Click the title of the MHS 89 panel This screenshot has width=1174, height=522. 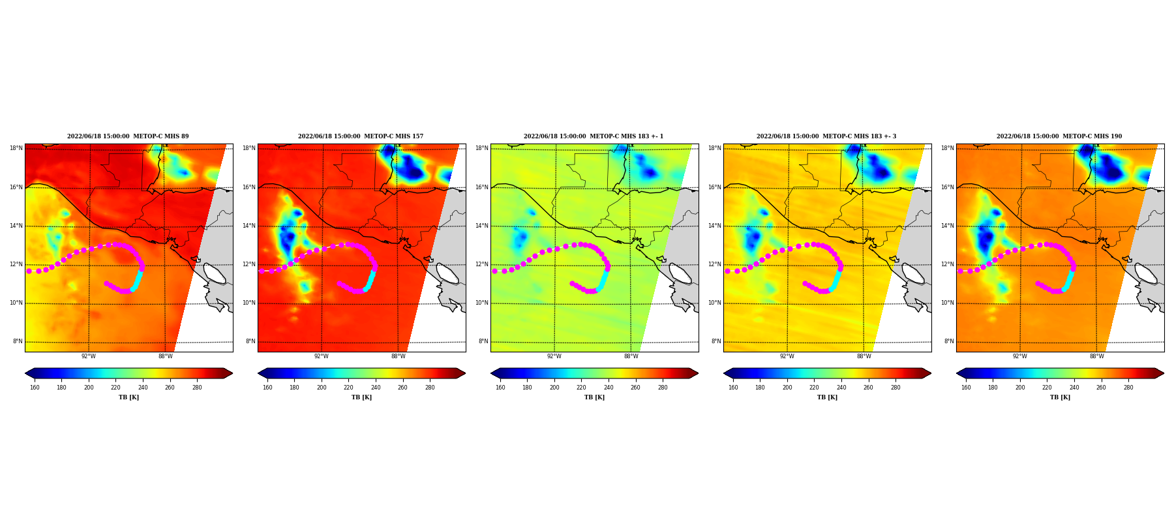click(x=128, y=136)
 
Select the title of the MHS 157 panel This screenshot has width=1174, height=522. click(x=361, y=136)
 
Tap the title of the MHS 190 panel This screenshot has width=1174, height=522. click(x=1059, y=136)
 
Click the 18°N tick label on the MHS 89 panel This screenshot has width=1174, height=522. click(x=16, y=148)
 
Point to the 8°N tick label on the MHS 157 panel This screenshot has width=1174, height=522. click(x=251, y=341)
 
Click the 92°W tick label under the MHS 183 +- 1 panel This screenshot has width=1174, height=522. click(x=554, y=356)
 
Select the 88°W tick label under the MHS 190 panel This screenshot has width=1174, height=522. click(x=1097, y=356)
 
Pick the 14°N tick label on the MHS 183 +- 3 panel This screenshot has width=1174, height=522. click(x=715, y=226)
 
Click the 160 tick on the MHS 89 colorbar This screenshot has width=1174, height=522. click(x=35, y=388)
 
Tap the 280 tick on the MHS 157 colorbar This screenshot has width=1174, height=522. click(x=430, y=388)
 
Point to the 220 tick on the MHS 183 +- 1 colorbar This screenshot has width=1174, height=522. click(x=581, y=388)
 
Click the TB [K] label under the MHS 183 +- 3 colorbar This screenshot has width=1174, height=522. click(x=827, y=397)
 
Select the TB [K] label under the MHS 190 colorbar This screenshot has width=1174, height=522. click(x=1060, y=397)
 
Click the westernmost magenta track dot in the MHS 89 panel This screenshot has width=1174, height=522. click(x=29, y=271)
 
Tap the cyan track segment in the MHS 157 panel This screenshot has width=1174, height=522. click(x=370, y=280)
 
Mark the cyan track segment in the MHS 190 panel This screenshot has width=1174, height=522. click(x=1068, y=280)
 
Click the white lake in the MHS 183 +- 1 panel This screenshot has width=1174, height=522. click(x=680, y=273)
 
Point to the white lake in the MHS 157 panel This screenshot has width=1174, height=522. click(x=447, y=273)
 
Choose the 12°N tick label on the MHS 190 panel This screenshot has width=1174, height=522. click(x=948, y=264)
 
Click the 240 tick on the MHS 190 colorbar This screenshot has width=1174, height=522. click(x=1074, y=388)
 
